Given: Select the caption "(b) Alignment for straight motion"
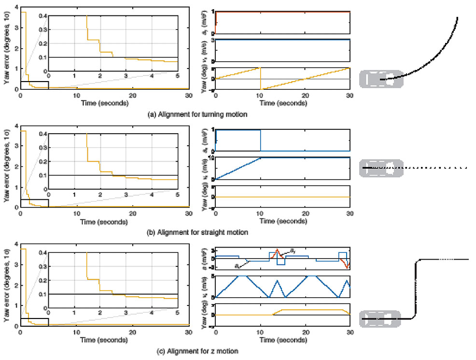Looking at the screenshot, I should coord(196,232).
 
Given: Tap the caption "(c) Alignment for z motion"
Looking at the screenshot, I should coord(189,351).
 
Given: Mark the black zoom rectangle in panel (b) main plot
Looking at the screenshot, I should coord(34,203).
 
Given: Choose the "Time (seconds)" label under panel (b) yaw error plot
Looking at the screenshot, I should coord(104,222).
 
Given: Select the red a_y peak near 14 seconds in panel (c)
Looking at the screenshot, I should coord(277,250).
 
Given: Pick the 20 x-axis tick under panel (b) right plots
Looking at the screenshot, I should coord(305,213).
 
